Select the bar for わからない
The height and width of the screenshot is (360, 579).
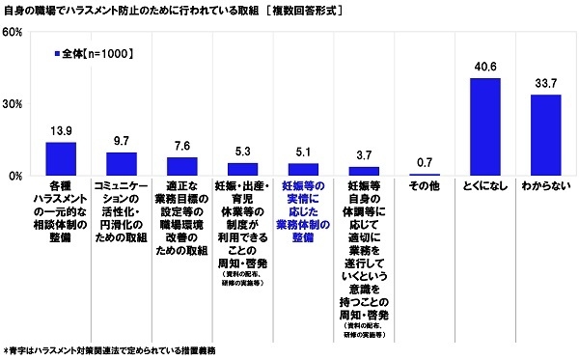pos(545,135)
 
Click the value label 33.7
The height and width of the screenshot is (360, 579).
pos(545,84)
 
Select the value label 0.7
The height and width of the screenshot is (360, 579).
pos(425,163)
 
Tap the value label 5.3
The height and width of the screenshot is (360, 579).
pos(242,152)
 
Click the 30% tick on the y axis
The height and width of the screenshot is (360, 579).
pos(13,104)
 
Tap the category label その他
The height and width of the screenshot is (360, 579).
pos(425,185)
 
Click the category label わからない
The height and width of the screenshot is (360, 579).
pos(545,185)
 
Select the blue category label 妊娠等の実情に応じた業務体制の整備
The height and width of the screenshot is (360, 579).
pos(303,209)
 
